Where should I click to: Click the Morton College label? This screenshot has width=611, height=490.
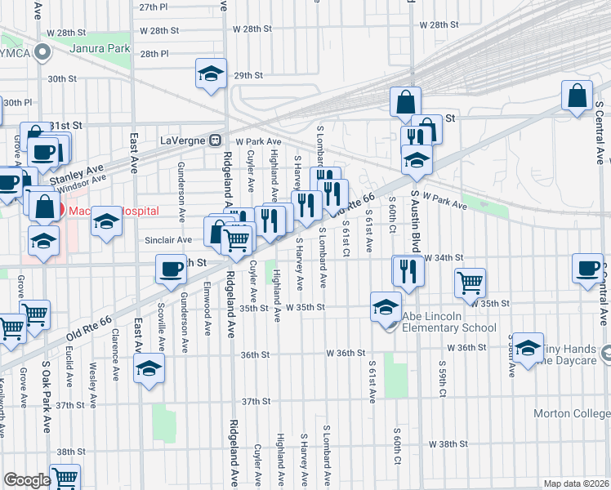tap(572, 413)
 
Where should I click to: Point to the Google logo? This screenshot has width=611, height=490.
tap(27, 480)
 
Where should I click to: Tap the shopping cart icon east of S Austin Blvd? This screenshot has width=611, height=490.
tap(471, 283)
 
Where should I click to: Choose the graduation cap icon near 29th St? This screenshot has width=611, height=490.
tap(211, 73)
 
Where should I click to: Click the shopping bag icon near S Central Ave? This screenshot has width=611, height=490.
tap(577, 95)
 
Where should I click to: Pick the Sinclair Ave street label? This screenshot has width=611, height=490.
tap(168, 240)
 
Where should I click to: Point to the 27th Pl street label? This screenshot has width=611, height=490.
tap(153, 7)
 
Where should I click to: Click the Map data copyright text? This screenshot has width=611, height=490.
tap(576, 483)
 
